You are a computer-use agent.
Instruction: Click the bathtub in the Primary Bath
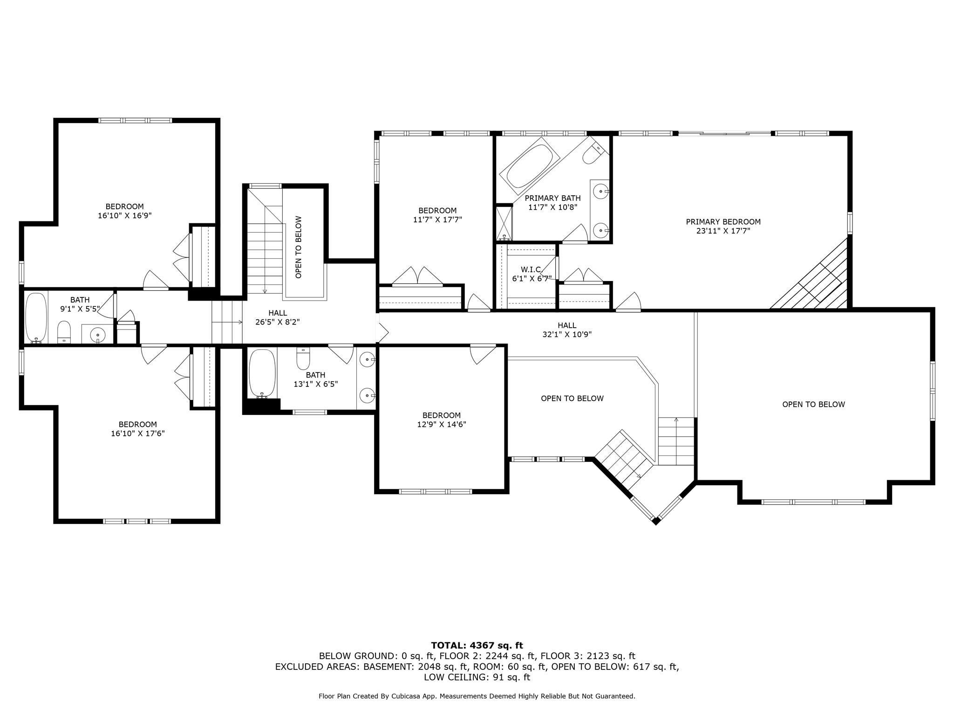pyautogui.click(x=530, y=166)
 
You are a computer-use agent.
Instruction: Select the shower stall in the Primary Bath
pyautogui.click(x=503, y=223)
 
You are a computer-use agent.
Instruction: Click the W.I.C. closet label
pyautogui.click(x=531, y=269)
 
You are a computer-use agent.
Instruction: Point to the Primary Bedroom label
pyautogui.click(x=723, y=222)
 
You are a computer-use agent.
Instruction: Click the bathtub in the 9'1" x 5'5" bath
pyautogui.click(x=36, y=317)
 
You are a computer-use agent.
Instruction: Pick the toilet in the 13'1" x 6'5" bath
pyautogui.click(x=303, y=358)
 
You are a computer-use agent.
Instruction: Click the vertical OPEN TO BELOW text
pyautogui.click(x=299, y=247)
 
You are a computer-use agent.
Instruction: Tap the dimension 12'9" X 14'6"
pyautogui.click(x=442, y=425)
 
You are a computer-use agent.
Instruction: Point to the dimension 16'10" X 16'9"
pyautogui.click(x=125, y=216)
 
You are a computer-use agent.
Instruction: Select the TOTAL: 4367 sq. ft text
pyautogui.click(x=477, y=646)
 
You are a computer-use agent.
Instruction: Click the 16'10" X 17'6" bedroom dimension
pyautogui.click(x=138, y=434)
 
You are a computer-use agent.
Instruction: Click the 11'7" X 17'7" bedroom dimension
pyautogui.click(x=437, y=220)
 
